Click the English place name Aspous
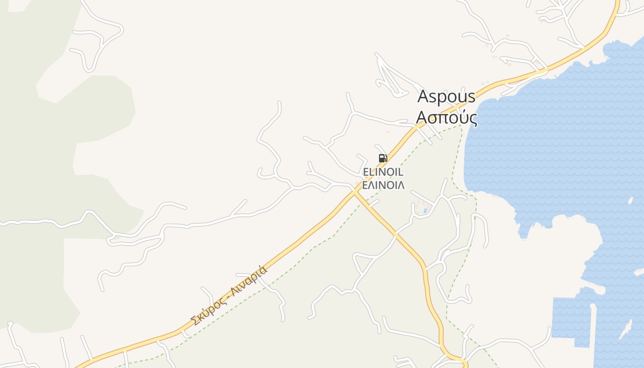[x=446, y=97]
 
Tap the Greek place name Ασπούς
[x=446, y=118]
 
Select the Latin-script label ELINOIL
[x=383, y=172]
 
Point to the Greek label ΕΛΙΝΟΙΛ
[x=383, y=185]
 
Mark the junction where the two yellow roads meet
[x=355, y=192]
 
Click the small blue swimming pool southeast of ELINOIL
[x=425, y=211]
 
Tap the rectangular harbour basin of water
[x=570, y=322]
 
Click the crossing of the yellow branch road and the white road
[x=395, y=235]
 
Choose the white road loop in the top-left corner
[x=99, y=41]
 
